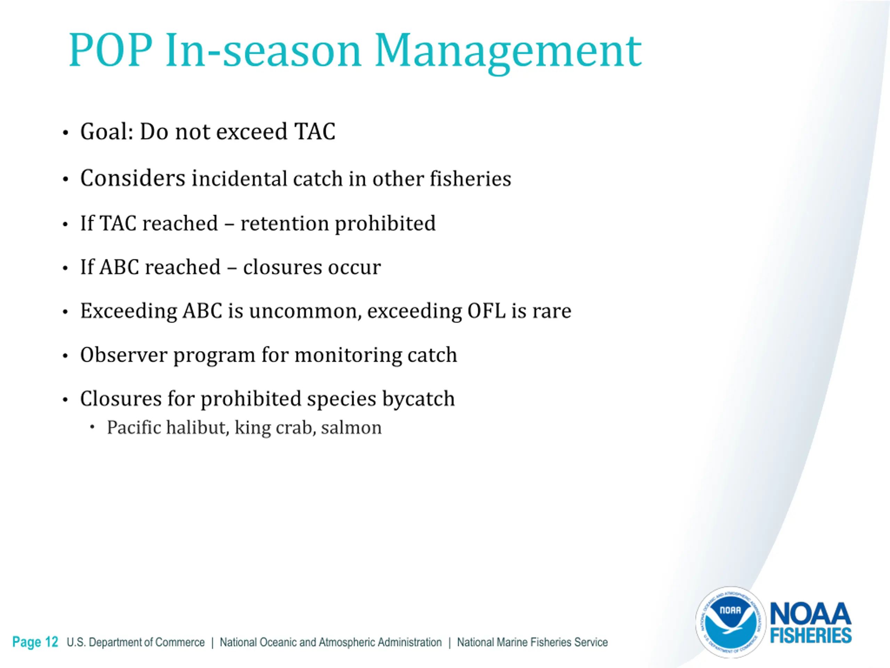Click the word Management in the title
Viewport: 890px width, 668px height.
[508, 52]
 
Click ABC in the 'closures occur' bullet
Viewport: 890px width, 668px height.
[120, 267]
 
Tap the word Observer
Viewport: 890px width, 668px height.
[123, 355]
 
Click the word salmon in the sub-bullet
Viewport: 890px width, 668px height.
[351, 428]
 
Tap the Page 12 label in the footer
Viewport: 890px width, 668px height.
[35, 642]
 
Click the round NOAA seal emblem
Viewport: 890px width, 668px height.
[730, 622]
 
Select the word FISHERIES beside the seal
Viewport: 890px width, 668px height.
[811, 636]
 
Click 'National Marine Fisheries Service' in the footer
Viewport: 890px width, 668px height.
[532, 642]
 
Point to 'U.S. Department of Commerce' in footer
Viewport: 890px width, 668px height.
[136, 642]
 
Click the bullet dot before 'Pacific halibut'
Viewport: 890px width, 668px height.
[92, 427]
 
